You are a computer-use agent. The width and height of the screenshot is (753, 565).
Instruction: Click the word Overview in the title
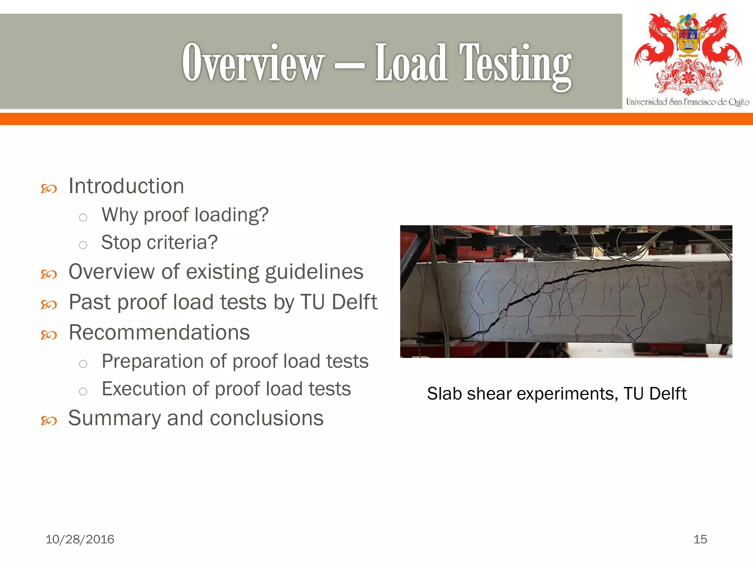[253, 63]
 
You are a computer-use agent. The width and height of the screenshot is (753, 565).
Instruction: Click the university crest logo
[688, 53]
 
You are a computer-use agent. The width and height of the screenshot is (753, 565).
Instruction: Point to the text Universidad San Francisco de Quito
[688, 102]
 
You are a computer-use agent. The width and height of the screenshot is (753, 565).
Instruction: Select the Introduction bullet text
[126, 186]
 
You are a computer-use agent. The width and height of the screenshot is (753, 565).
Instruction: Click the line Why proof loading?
[185, 215]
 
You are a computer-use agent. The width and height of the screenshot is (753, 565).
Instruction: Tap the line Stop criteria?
[159, 242]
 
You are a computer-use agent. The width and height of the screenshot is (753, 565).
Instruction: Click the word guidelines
[314, 272]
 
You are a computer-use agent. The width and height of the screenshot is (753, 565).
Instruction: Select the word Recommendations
[159, 333]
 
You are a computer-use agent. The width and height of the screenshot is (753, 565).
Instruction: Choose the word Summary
[114, 418]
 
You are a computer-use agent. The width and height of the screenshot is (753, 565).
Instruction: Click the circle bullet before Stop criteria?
[83, 245]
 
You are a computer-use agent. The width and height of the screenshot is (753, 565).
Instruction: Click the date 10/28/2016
[80, 539]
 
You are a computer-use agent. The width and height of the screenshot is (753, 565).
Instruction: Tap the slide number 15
[700, 539]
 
